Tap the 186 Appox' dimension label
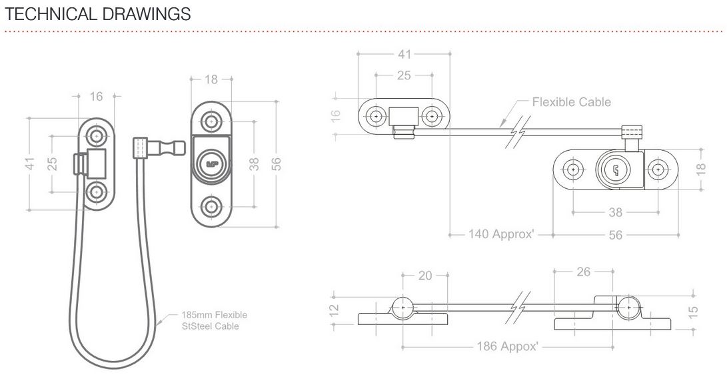click(508, 346)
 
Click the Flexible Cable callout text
click(571, 102)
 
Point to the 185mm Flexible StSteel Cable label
click(214, 320)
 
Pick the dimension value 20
click(425, 275)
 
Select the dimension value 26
click(582, 272)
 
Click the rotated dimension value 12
click(335, 310)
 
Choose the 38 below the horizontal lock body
click(615, 212)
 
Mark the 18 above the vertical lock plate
click(211, 79)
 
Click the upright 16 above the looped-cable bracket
click(97, 97)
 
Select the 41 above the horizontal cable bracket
click(404, 54)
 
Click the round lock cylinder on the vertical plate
click(211, 163)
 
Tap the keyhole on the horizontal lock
click(614, 169)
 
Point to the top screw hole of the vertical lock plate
click(211, 121)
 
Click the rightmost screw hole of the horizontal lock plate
click(658, 169)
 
